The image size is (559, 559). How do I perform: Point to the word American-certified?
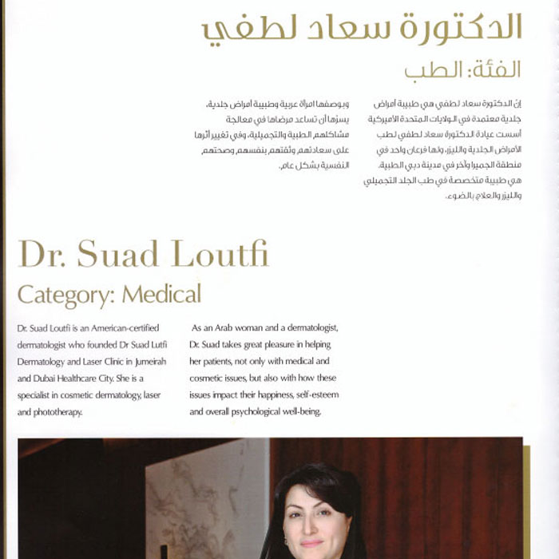(x=119, y=328)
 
